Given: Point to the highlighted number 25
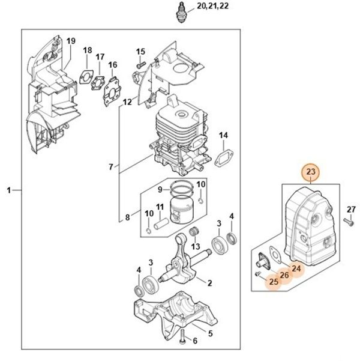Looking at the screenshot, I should pyautogui.click(x=273, y=281).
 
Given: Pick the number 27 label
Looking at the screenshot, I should pyautogui.click(x=352, y=209).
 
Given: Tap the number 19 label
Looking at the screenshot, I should pyautogui.click(x=71, y=41).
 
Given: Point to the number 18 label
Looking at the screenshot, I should pyautogui.click(x=87, y=50).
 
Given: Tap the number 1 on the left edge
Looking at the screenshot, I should pyautogui.click(x=9, y=190).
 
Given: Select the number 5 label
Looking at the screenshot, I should pyautogui.click(x=209, y=333).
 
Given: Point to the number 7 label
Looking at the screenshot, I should pyautogui.click(x=110, y=166).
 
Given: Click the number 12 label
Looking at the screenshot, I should pyautogui.click(x=127, y=102).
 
